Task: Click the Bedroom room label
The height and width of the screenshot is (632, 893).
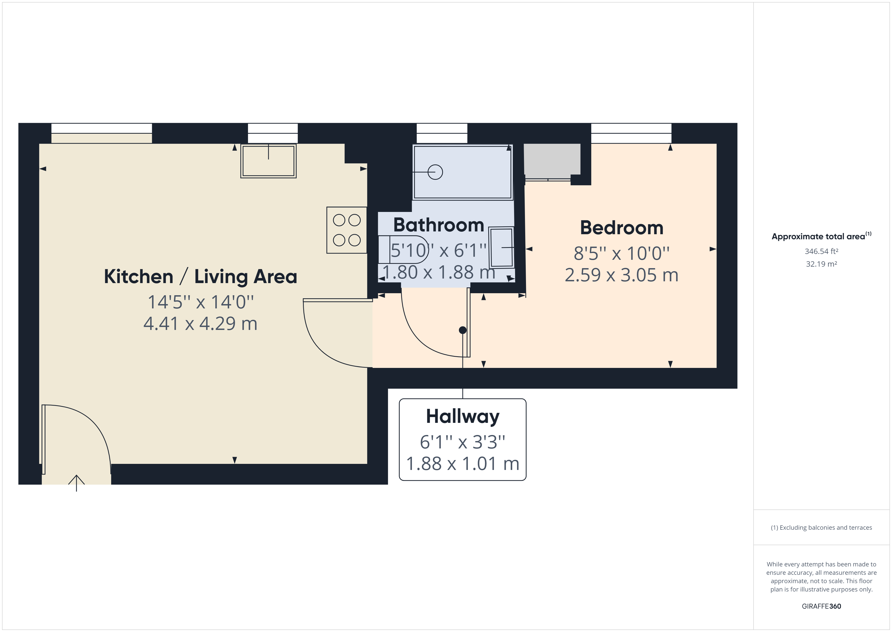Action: click(x=621, y=228)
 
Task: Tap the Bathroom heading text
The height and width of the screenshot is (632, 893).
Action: click(x=438, y=225)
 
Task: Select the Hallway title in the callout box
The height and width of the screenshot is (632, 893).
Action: click(x=462, y=417)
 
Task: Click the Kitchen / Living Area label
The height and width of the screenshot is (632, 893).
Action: click(x=200, y=277)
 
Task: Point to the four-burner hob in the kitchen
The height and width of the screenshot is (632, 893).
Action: click(x=347, y=230)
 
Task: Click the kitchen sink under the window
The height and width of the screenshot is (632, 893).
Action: click(x=268, y=161)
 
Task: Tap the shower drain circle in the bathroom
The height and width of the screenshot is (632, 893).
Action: click(x=435, y=172)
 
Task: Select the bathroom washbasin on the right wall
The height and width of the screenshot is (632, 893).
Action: click(x=501, y=247)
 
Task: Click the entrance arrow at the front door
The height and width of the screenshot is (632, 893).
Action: click(x=76, y=483)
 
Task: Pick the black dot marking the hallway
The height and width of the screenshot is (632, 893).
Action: click(x=462, y=330)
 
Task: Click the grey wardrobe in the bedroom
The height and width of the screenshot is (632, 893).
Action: click(x=552, y=159)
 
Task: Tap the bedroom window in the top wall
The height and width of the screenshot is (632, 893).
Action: click(x=631, y=133)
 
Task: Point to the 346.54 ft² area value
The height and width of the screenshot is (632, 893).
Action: click(x=821, y=251)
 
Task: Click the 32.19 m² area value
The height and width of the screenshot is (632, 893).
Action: click(x=821, y=264)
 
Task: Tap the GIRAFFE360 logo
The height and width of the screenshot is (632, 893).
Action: click(x=821, y=606)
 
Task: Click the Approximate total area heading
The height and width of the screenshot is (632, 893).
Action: click(x=818, y=236)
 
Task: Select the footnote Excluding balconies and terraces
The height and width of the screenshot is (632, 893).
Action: click(x=821, y=528)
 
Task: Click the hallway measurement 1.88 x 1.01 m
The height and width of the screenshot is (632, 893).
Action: click(x=462, y=464)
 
